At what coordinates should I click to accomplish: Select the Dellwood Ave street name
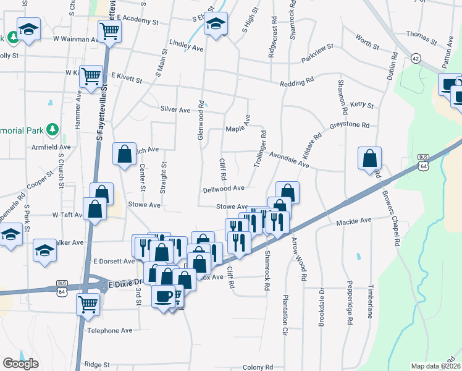225,188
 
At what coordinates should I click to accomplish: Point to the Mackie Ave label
354,220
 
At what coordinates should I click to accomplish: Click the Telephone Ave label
110,330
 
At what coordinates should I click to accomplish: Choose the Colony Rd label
258,366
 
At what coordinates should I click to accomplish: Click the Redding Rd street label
297,83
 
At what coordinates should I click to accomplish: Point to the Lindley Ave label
186,46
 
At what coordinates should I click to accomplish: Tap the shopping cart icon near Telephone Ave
88,304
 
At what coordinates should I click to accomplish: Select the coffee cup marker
163,295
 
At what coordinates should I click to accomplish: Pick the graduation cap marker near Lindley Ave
216,25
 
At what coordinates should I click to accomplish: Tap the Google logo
20,364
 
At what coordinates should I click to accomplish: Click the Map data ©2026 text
435,366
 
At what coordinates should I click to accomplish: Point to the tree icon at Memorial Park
53,129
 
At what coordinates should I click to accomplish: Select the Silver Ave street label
175,109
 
